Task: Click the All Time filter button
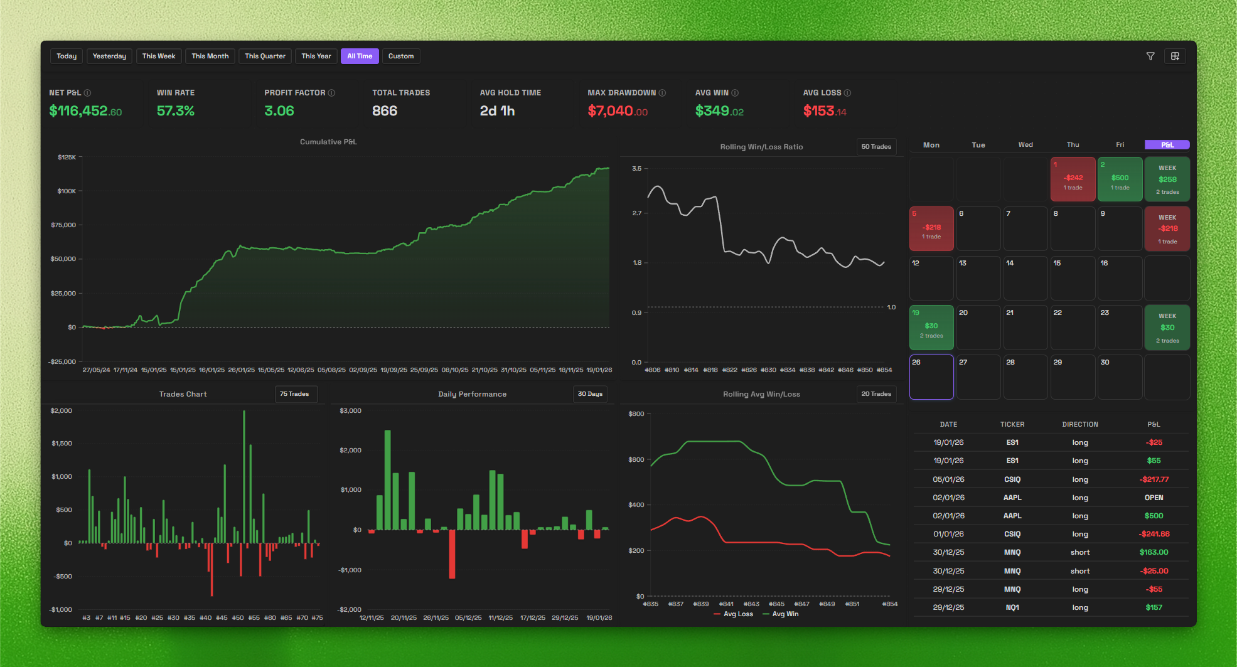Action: (x=360, y=56)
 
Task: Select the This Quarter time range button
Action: (x=265, y=56)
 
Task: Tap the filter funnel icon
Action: (x=1150, y=56)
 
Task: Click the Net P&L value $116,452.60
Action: (x=85, y=111)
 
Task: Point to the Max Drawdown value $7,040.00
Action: (x=618, y=111)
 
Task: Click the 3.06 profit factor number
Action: (x=279, y=111)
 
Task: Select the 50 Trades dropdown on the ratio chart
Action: (x=876, y=147)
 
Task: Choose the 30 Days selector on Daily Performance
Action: (x=590, y=394)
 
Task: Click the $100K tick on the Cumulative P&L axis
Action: (x=67, y=191)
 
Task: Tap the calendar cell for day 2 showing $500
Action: (x=1120, y=179)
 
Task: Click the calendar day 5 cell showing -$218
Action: (x=931, y=229)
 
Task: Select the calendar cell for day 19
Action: (x=931, y=328)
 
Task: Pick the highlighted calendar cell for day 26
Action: (x=931, y=377)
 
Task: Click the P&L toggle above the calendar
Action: (x=1167, y=145)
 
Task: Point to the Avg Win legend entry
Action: (x=781, y=614)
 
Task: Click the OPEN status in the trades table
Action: (x=1154, y=498)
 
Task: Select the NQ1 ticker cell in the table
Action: (x=1012, y=607)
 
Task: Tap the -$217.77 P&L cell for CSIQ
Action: (x=1154, y=479)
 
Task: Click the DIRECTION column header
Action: (x=1080, y=425)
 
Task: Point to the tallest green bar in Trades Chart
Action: (x=244, y=477)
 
